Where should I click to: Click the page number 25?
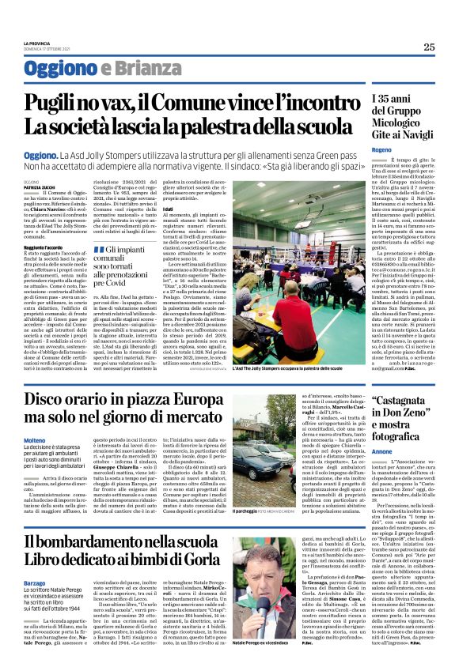pos(428,47)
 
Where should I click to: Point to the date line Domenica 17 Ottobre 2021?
pos(47,48)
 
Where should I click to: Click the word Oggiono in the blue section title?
pos(59,69)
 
